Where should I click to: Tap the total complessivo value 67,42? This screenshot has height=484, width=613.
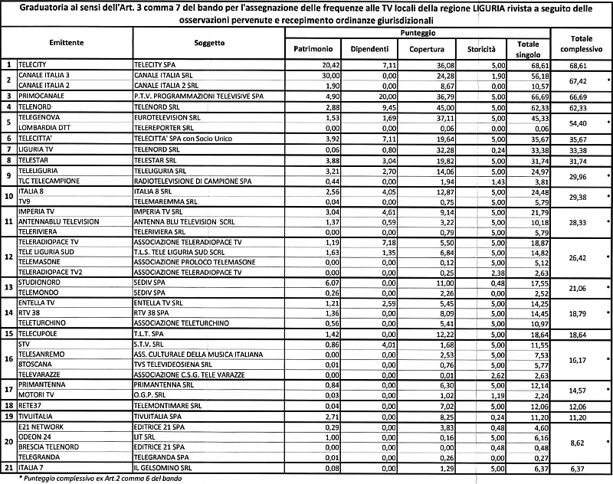577,80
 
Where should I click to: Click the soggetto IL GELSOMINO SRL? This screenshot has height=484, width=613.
161,467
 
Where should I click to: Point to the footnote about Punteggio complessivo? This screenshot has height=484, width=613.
96,478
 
